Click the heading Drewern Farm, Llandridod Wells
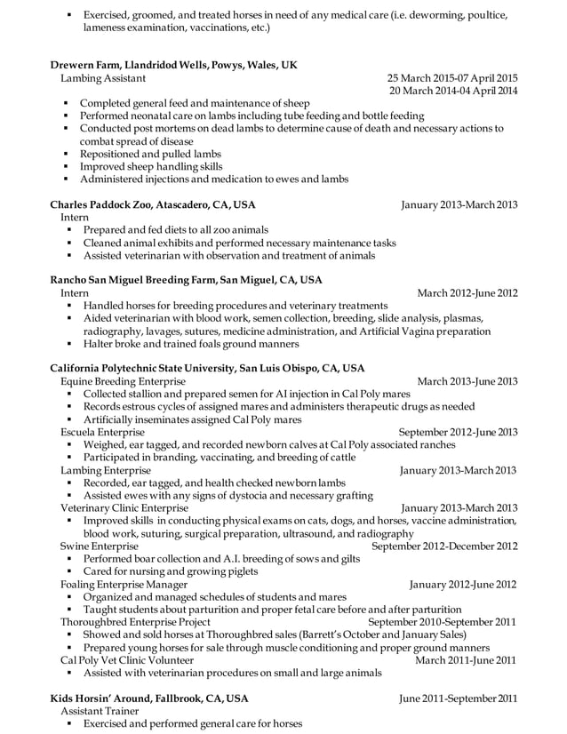pyautogui.click(x=173, y=65)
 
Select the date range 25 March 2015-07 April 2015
pyautogui.click(x=452, y=78)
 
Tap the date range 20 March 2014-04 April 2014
pyautogui.click(x=453, y=91)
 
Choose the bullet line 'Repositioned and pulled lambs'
pyautogui.click(x=151, y=153)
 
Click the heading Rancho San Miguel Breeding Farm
pyautogui.click(x=186, y=279)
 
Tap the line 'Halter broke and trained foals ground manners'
pyautogui.click(x=191, y=343)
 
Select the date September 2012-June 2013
pyautogui.click(x=458, y=432)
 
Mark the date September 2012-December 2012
pyautogui.click(x=444, y=546)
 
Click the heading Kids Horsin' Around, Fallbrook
pyautogui.click(x=149, y=698)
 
